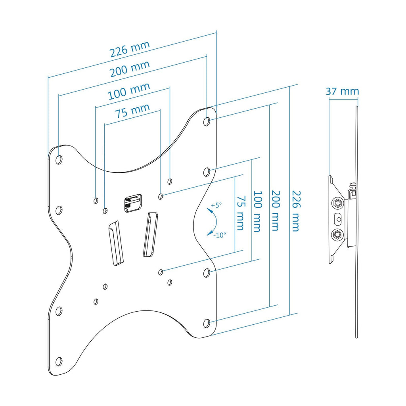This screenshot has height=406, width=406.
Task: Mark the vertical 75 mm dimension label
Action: click(x=240, y=213)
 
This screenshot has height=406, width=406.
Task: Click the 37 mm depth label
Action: click(x=342, y=92)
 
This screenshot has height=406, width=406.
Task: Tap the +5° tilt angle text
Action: click(x=216, y=205)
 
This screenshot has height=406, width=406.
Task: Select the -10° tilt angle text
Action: click(x=219, y=235)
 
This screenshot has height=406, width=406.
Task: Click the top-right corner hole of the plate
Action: click(x=207, y=121)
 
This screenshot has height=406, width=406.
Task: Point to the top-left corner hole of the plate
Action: click(x=59, y=160)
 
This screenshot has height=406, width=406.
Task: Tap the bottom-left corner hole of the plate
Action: click(x=59, y=361)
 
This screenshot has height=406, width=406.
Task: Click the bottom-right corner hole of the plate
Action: click(x=207, y=323)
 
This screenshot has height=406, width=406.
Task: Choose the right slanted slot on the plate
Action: click(x=150, y=234)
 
